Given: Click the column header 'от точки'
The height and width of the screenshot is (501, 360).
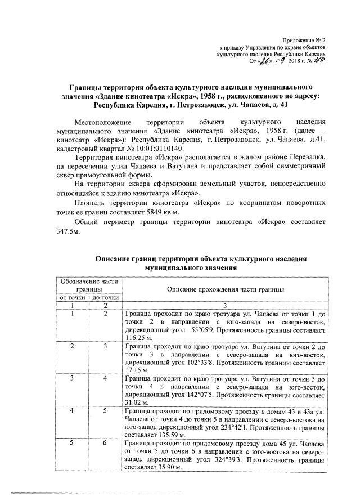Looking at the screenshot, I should point(69,297).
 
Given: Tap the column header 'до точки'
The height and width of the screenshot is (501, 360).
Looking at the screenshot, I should point(105,297).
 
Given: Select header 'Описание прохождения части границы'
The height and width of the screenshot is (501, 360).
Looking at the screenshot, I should point(224,288).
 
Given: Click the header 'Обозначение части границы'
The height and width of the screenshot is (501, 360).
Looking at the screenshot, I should point(87,284).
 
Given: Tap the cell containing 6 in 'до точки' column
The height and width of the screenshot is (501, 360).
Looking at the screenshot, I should point(105,444).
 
